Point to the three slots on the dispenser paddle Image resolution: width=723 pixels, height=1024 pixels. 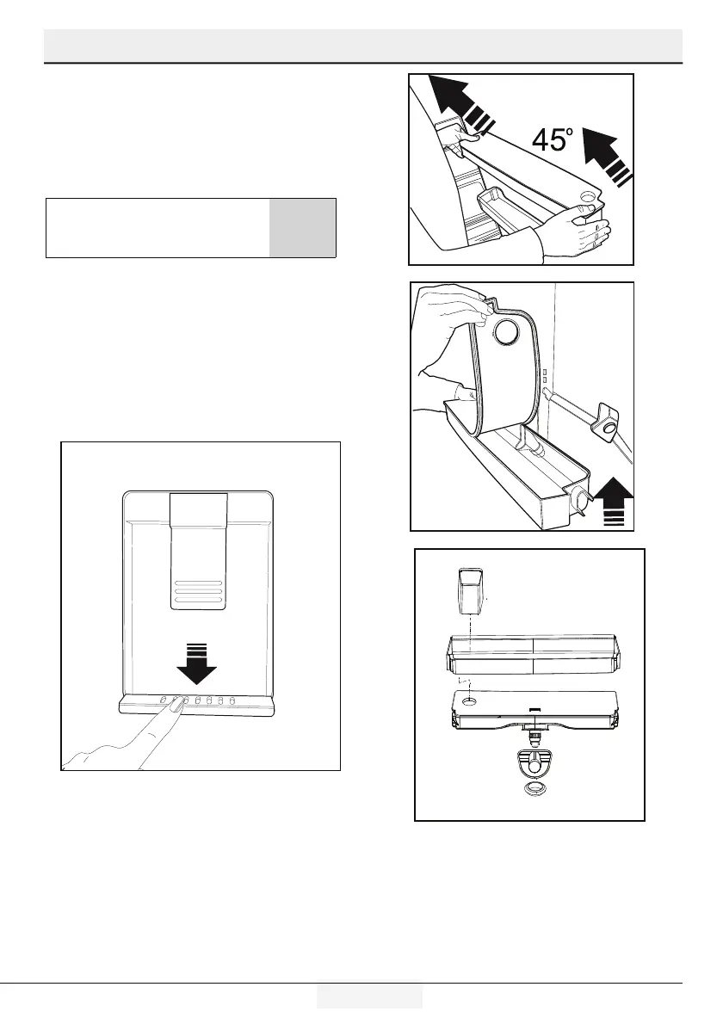[198, 592]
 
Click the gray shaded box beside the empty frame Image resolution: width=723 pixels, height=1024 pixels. [302, 227]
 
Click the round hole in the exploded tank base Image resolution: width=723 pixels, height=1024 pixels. [469, 702]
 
